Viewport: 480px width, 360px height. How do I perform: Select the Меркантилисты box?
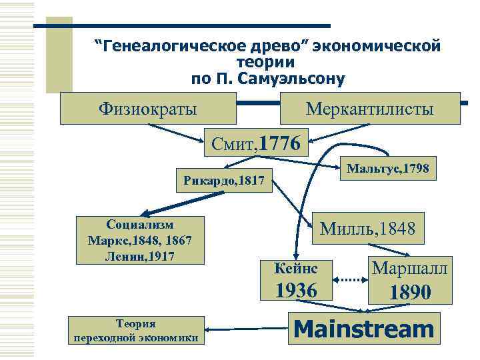[370, 108]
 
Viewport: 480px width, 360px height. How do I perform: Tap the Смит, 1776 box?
[257, 141]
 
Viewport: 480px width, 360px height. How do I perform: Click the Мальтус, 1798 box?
[389, 170]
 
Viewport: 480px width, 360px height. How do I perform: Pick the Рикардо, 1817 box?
[224, 180]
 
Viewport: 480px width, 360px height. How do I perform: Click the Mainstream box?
[364, 329]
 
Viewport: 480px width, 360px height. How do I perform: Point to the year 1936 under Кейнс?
[297, 291]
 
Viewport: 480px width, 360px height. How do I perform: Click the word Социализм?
[140, 225]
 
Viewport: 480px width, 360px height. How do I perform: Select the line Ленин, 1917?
[140, 254]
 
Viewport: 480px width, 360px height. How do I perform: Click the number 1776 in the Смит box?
[280, 141]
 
